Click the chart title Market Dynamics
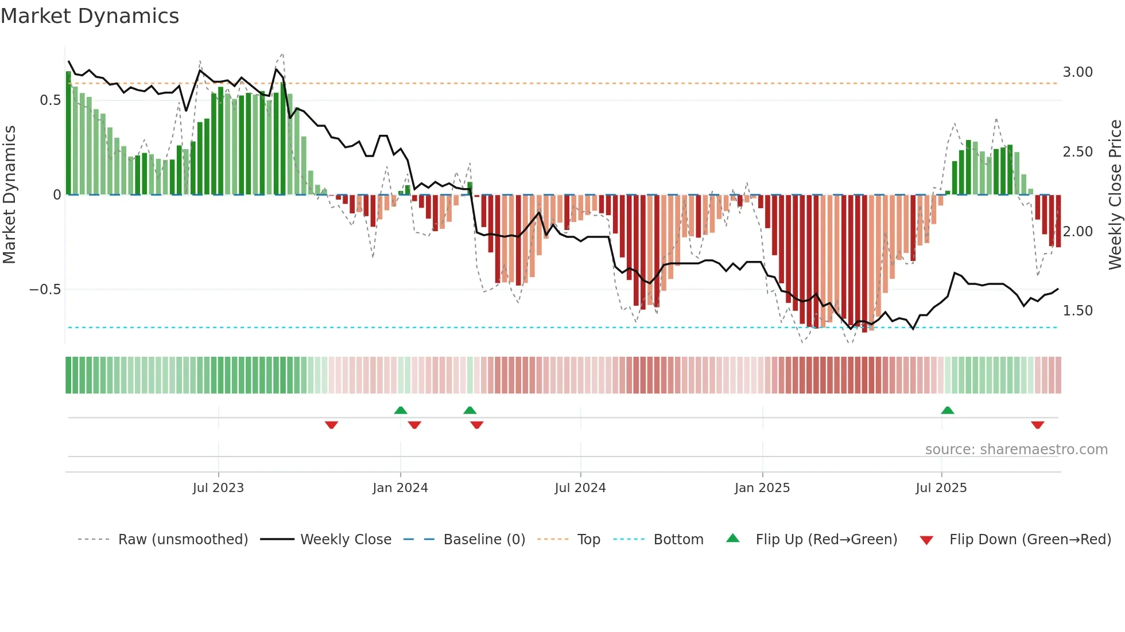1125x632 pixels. pyautogui.click(x=90, y=16)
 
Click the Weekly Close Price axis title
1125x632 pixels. pyautogui.click(x=1115, y=194)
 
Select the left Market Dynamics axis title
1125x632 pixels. pyautogui.click(x=9, y=194)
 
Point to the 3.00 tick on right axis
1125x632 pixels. pyautogui.click(x=1077, y=72)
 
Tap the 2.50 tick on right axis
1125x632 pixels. pyautogui.click(x=1077, y=152)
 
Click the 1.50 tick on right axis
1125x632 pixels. pyautogui.click(x=1077, y=311)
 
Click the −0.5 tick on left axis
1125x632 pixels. pyautogui.click(x=45, y=290)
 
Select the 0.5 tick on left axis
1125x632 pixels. pyautogui.click(x=50, y=100)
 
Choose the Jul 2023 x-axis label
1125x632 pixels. pyautogui.click(x=218, y=488)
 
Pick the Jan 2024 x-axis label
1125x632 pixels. pyautogui.click(x=400, y=488)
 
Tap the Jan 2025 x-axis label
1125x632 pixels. pyautogui.click(x=762, y=488)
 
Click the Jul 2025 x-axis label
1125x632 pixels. pyautogui.click(x=941, y=488)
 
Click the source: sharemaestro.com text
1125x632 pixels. pyautogui.click(x=1016, y=450)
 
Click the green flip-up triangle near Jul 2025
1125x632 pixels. pyautogui.click(x=948, y=410)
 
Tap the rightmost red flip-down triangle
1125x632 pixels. pyautogui.click(x=1037, y=425)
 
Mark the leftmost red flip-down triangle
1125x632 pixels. pyautogui.click(x=331, y=425)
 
